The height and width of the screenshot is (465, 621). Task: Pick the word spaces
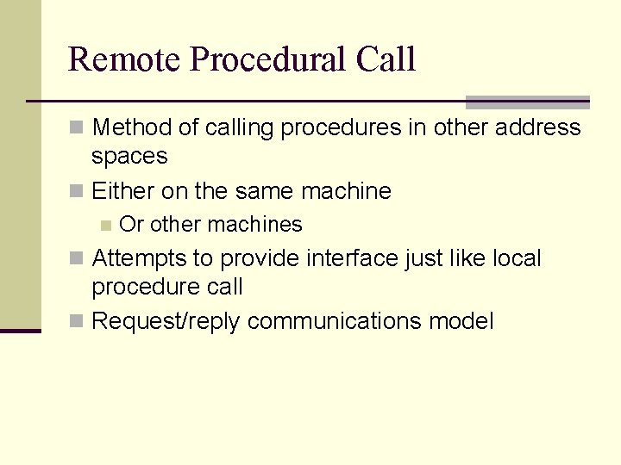pyautogui.click(x=129, y=157)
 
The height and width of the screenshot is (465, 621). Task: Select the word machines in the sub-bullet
pyautogui.click(x=255, y=225)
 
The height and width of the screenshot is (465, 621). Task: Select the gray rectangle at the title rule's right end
pyautogui.click(x=527, y=102)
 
